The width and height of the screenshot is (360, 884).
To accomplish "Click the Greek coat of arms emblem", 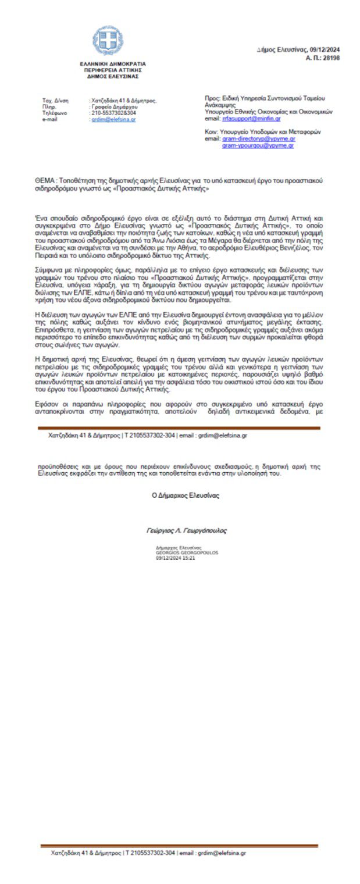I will coord(108,41).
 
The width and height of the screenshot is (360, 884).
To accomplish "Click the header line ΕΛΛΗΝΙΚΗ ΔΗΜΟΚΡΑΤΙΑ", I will coord(113,64).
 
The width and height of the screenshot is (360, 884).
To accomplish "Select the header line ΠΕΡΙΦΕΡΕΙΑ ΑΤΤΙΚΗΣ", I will coord(113,70).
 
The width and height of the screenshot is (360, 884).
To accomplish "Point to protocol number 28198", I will coord(331,58).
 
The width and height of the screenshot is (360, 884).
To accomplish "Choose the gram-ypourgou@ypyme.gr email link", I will coord(258,145).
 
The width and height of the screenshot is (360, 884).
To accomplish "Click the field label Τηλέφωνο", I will coord(55,113).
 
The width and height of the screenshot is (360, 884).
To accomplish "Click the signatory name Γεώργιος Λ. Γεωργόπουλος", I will coord(186,530).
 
